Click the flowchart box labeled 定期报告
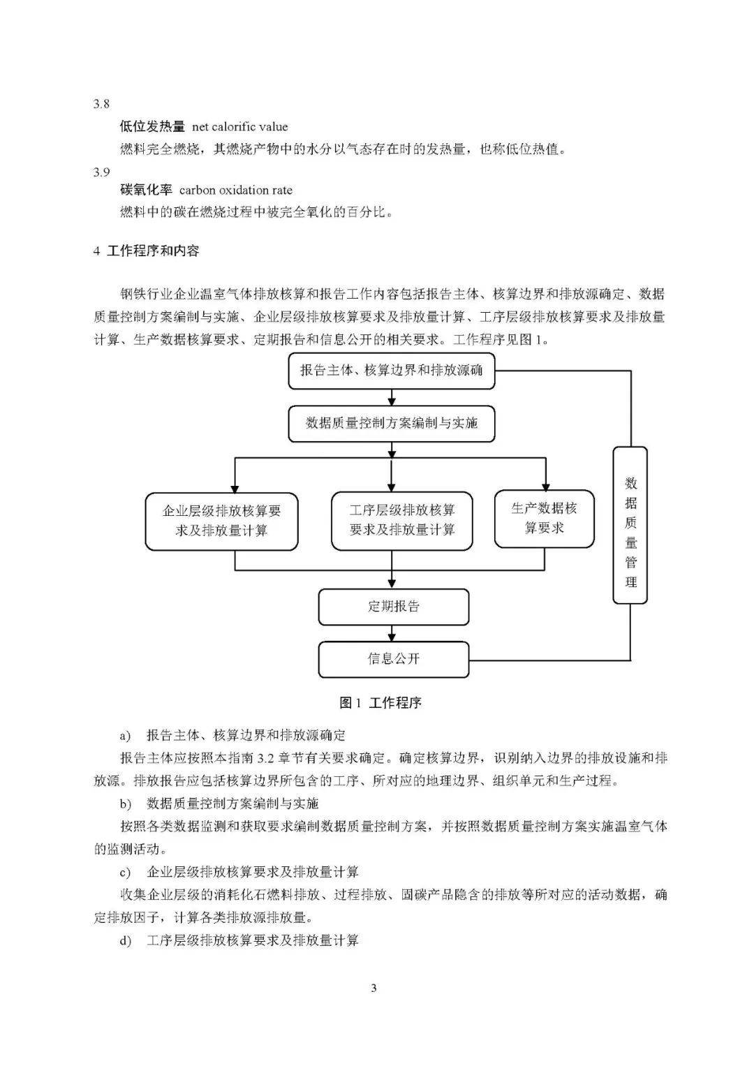(x=393, y=607)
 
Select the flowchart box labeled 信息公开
(x=393, y=659)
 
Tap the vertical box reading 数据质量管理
(x=630, y=525)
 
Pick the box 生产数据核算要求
(x=544, y=519)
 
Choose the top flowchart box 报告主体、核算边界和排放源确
(x=391, y=371)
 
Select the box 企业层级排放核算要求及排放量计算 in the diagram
(x=221, y=521)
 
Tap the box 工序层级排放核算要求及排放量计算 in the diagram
(x=401, y=521)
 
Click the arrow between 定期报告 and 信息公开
(x=392, y=633)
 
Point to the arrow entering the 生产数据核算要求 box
(x=545, y=475)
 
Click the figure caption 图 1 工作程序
(x=380, y=703)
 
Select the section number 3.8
(x=101, y=104)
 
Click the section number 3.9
(x=101, y=172)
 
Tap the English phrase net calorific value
(x=240, y=127)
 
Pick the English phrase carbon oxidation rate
(x=236, y=191)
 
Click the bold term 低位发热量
(x=152, y=126)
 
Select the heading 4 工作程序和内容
(x=146, y=251)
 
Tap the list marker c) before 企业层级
(x=125, y=873)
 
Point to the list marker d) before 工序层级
(x=125, y=941)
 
